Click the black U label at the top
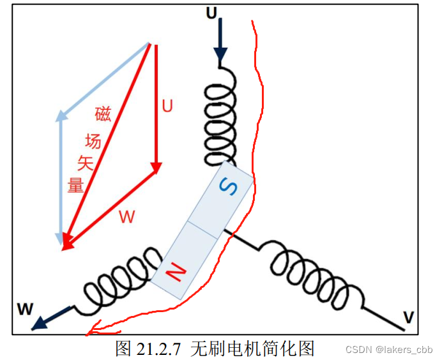211,11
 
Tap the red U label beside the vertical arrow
167,105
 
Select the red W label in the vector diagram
127,217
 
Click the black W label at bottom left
25,310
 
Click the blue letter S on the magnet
228,186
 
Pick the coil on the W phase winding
118,281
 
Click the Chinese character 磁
103,114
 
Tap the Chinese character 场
93,140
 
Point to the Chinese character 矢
86,163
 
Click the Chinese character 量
76,185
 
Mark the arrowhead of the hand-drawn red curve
91,330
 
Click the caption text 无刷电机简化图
253,348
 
